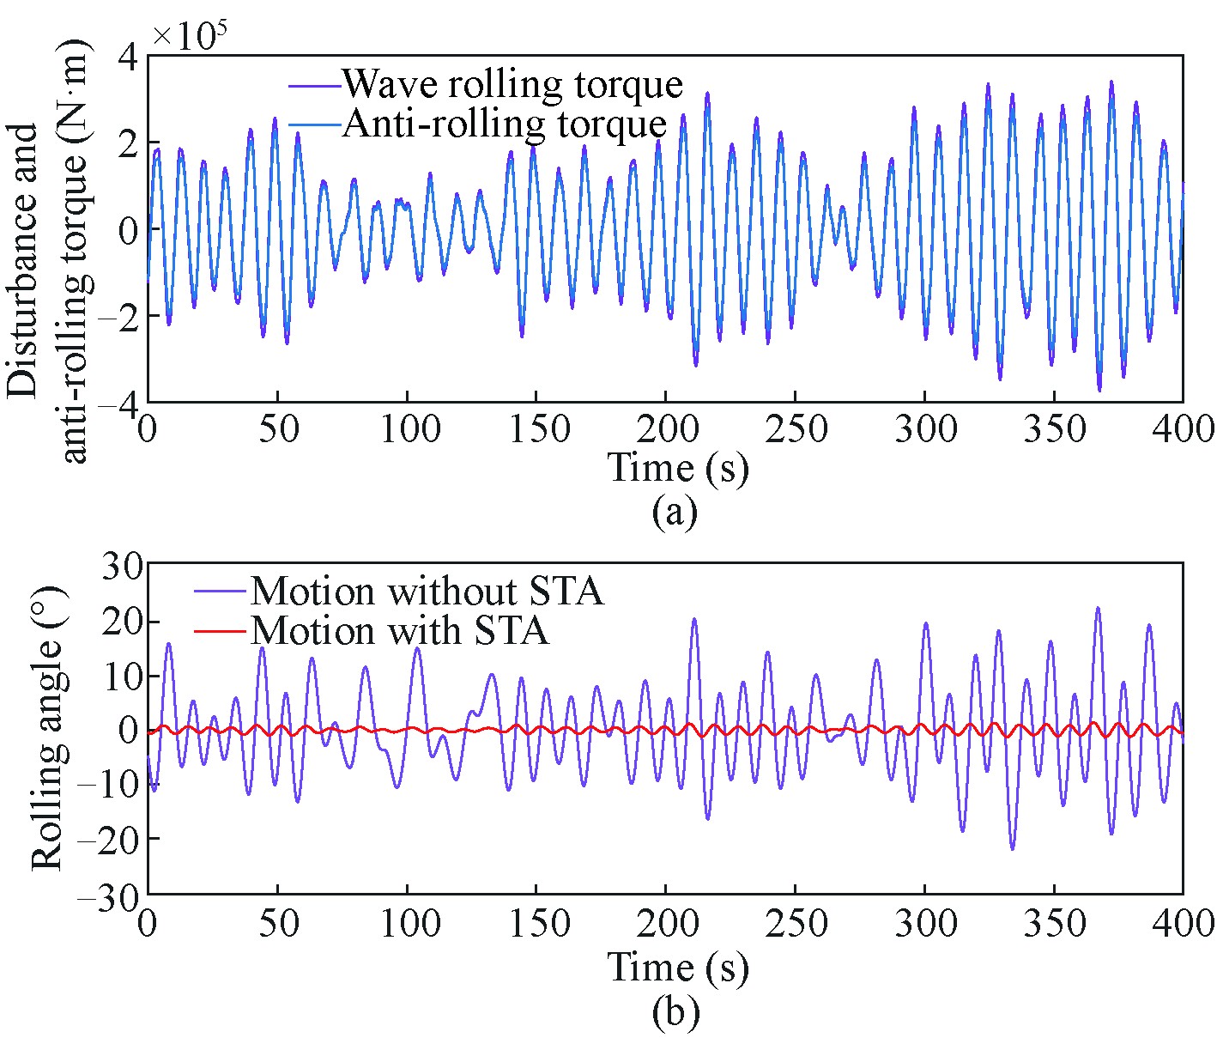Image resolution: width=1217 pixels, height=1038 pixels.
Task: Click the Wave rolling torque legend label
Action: point(512,84)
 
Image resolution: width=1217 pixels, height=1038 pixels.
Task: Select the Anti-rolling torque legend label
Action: point(505,124)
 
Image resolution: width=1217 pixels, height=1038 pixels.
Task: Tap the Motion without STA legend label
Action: point(427,592)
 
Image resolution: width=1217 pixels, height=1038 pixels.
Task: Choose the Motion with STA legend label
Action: point(399,631)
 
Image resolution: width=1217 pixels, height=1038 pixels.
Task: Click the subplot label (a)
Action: point(675,513)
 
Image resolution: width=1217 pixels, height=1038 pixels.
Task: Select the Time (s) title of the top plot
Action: point(678,468)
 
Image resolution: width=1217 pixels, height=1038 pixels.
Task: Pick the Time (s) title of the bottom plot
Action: point(678,968)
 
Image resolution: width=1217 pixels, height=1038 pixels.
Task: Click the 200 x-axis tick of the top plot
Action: point(666,428)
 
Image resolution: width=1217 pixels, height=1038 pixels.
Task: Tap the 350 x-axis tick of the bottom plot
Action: point(1054,925)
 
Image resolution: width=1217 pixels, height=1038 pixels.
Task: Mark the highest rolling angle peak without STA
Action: point(1097,608)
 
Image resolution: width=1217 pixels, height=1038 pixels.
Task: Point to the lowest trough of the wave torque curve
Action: point(1099,391)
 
